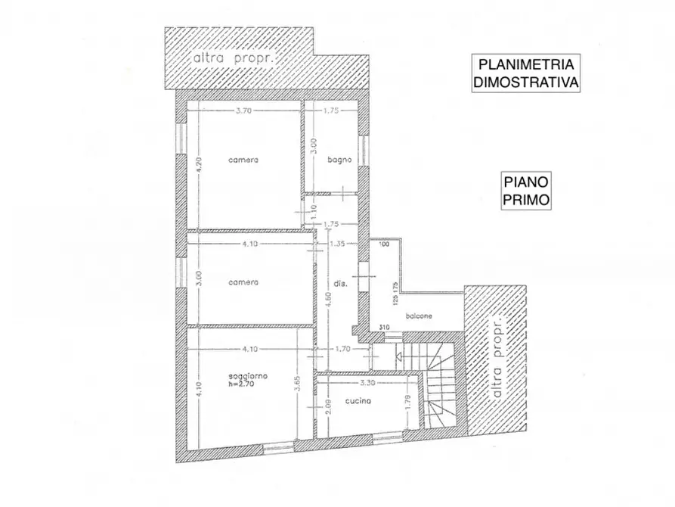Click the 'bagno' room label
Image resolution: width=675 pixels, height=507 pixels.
336,160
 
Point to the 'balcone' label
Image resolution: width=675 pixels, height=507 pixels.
416,316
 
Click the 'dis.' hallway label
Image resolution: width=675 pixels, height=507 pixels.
340,283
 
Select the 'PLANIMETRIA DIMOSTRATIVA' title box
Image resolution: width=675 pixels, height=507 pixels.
526,73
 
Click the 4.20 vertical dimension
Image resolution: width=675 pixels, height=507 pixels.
198,166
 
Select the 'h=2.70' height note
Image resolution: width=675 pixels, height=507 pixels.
245,384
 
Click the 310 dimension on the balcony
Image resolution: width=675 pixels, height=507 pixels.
384,328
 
